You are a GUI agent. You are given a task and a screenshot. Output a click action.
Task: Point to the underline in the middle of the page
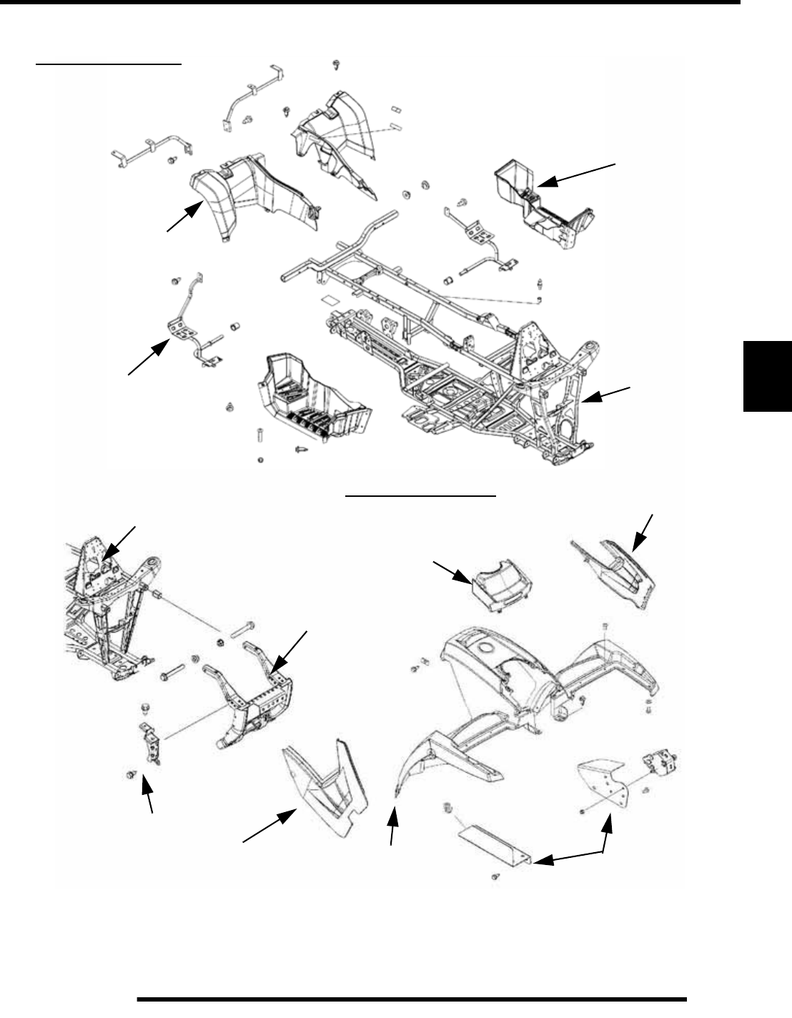coord(420,495)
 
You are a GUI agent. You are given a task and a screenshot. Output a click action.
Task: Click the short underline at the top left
coord(109,63)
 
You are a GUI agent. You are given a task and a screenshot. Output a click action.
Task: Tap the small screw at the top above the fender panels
coord(335,65)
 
